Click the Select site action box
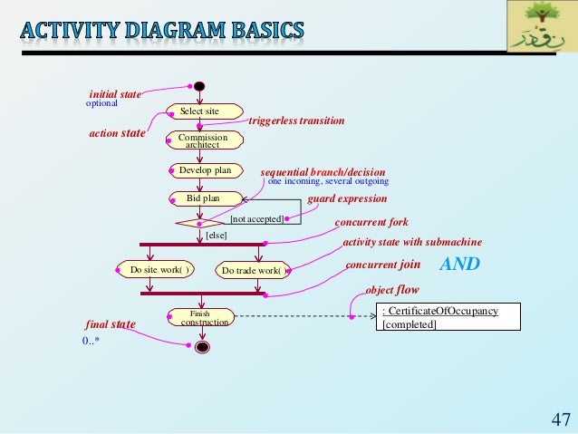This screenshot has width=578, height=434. [x=198, y=111]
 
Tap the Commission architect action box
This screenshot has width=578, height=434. [x=204, y=140]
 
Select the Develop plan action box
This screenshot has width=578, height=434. [x=205, y=169]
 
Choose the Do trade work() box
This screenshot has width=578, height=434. [x=253, y=270]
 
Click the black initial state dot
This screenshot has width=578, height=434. [x=199, y=87]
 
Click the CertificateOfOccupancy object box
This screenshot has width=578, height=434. [x=449, y=317]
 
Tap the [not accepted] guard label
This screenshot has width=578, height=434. [x=256, y=219]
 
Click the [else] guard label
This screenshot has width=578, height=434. [x=216, y=235]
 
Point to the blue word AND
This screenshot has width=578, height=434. [x=459, y=265]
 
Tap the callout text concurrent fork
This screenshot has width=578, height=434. [x=371, y=222]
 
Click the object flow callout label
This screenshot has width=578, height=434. [x=392, y=290]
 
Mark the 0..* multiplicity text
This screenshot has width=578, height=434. [x=91, y=342]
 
